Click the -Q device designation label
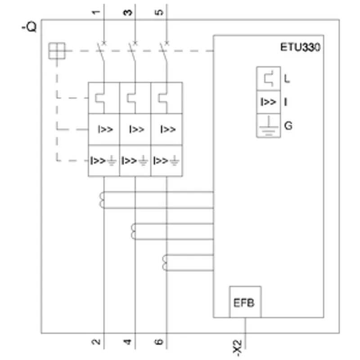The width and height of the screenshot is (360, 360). (x=29, y=27)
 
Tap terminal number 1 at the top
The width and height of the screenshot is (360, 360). (x=96, y=12)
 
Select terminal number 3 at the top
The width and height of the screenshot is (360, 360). (x=128, y=13)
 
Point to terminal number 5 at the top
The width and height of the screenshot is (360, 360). (x=159, y=12)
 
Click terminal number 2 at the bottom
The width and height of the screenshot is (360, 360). (x=96, y=342)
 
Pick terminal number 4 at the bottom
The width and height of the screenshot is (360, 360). (x=127, y=342)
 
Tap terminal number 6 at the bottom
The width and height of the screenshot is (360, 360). (x=159, y=342)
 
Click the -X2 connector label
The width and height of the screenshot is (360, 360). (x=238, y=348)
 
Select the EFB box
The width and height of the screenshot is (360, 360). (x=245, y=302)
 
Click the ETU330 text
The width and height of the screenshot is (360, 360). (x=300, y=47)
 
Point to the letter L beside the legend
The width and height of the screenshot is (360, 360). (x=287, y=78)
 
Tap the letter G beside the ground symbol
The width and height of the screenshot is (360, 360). (x=288, y=126)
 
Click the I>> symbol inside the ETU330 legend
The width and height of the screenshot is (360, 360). (x=268, y=102)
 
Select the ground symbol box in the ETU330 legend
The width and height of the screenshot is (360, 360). (x=268, y=126)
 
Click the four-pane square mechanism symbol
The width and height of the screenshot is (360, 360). (x=57, y=51)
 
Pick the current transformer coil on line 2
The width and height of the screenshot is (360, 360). (x=102, y=200)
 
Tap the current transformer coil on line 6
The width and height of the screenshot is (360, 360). (x=164, y=263)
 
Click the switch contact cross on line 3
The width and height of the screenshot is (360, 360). (x=135, y=43)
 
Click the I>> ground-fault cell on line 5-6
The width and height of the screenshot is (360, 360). (x=166, y=161)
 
